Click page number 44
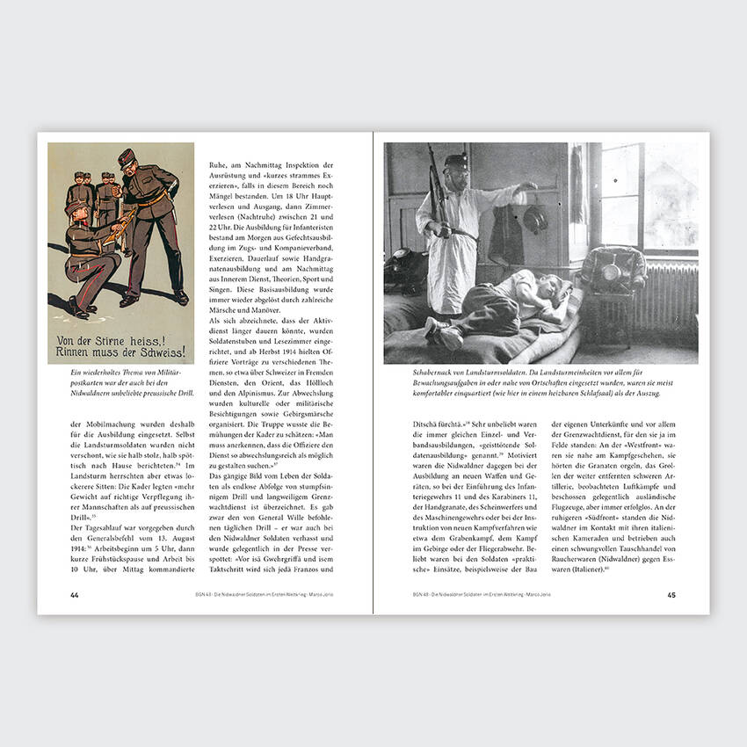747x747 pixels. pyautogui.click(x=75, y=595)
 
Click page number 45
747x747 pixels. pyautogui.click(x=671, y=595)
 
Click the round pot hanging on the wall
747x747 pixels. pyautogui.click(x=534, y=217)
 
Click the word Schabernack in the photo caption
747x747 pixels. pyautogui.click(x=413, y=373)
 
